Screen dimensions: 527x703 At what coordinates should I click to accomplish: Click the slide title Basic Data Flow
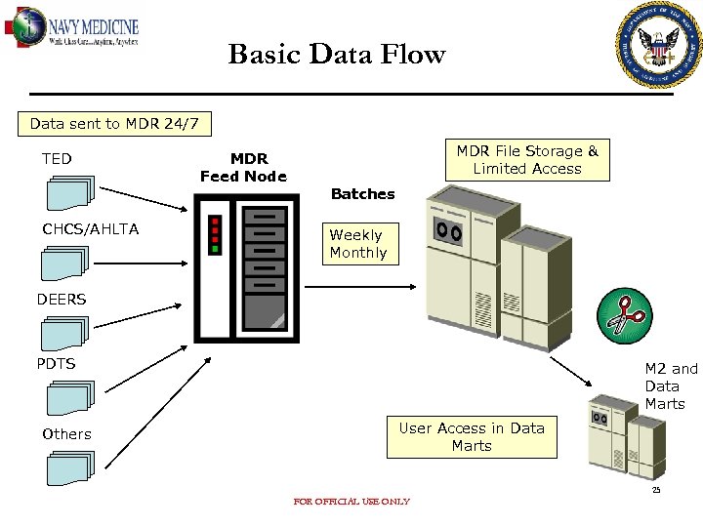pyautogui.click(x=336, y=55)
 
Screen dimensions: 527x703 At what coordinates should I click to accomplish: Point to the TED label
pyautogui.click(x=57, y=158)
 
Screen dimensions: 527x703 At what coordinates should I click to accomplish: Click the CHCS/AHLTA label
pyautogui.click(x=90, y=229)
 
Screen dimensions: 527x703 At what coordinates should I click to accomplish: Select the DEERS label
pyautogui.click(x=62, y=300)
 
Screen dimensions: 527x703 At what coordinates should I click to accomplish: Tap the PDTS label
pyautogui.click(x=56, y=364)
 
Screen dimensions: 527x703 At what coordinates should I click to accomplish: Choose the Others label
pyautogui.click(x=66, y=434)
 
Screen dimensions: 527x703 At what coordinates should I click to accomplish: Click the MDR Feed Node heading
pyautogui.click(x=243, y=167)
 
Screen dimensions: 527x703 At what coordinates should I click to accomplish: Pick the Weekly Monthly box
pyautogui.click(x=357, y=244)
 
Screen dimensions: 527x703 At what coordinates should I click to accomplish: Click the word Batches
pyautogui.click(x=362, y=194)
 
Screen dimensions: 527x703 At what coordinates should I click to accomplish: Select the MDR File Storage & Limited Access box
pyautogui.click(x=527, y=160)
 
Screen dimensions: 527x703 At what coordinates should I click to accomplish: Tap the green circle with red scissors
pyautogui.click(x=626, y=314)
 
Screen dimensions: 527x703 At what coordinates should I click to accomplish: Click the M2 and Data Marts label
pyautogui.click(x=670, y=385)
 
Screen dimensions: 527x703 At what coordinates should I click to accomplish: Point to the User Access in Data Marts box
pyautogui.click(x=472, y=437)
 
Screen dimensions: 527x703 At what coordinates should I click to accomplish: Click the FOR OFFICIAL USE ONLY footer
pyautogui.click(x=351, y=502)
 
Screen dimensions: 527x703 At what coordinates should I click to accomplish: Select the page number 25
pyautogui.click(x=656, y=490)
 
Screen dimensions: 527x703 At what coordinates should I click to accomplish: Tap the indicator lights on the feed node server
pyautogui.click(x=215, y=234)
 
